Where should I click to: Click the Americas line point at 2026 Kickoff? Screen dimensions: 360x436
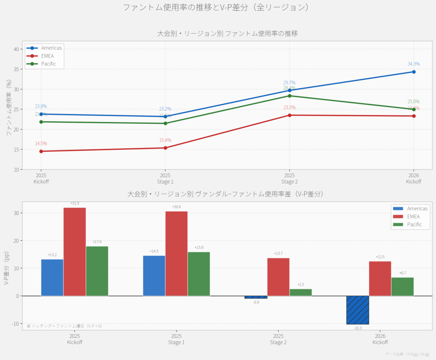pyautogui.click(x=413, y=72)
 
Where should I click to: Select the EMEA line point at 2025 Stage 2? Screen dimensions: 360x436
pyautogui.click(x=290, y=115)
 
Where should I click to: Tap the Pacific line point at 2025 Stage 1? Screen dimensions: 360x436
pyautogui.click(x=165, y=123)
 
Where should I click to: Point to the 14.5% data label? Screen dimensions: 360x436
pyautogui.click(x=41, y=144)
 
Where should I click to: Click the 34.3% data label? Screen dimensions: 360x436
pyautogui.click(x=413, y=64)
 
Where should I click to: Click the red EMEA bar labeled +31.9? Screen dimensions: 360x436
pyautogui.click(x=75, y=251)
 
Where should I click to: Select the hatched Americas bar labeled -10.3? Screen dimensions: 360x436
pyautogui.click(x=358, y=310)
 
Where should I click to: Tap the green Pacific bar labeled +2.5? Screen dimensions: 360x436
pyautogui.click(x=301, y=292)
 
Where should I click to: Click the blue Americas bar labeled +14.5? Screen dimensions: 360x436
pyautogui.click(x=154, y=276)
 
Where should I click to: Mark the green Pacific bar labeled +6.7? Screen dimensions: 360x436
pyautogui.click(x=402, y=286)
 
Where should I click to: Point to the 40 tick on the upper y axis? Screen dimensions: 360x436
pyautogui.click(x=16, y=49)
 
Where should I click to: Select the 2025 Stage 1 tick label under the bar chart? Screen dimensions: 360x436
pyautogui.click(x=176, y=339)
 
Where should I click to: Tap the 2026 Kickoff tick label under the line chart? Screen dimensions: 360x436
pyautogui.click(x=413, y=178)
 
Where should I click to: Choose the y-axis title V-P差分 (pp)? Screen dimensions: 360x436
pyautogui.click(x=6, y=268)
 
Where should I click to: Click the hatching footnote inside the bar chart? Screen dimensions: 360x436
pyautogui.click(x=64, y=326)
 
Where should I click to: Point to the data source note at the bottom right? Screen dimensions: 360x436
pyautogui.click(x=407, y=354)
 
